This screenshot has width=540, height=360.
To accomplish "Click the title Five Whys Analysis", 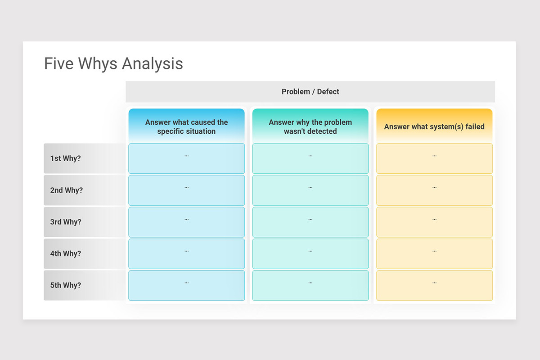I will tap(113, 63).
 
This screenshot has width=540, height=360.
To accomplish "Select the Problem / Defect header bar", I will tap(310, 92).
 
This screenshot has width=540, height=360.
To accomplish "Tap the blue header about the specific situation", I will tap(186, 126).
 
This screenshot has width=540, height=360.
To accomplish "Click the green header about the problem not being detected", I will tap(310, 126).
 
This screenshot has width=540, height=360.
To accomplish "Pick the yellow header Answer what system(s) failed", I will tap(434, 126).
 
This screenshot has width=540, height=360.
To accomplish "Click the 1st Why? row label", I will tap(66, 158).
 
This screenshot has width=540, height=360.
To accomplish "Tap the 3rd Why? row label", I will tap(66, 222).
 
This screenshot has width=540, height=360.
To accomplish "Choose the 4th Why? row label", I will tap(66, 254).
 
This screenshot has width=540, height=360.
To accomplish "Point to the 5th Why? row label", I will tap(66, 285).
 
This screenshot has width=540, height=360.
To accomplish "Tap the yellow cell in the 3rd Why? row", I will tap(434, 225).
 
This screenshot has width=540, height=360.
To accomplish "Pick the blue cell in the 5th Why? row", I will tap(186, 288).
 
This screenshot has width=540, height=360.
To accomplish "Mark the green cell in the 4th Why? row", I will tap(310, 256).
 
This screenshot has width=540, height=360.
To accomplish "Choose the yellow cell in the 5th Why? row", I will tap(434, 288).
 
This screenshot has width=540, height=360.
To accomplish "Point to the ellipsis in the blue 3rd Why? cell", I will tap(186, 219).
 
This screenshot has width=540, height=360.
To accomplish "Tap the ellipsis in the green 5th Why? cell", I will tap(310, 283).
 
